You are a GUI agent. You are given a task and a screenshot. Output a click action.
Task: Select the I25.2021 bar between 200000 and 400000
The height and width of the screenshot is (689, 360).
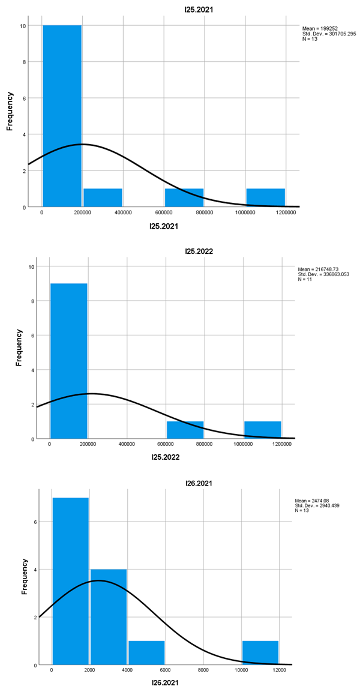click(x=103, y=197)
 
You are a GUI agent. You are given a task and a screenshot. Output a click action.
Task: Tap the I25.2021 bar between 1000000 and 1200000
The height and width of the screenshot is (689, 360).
click(x=265, y=197)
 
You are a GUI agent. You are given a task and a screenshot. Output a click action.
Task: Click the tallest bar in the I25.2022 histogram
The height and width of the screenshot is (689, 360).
click(x=68, y=361)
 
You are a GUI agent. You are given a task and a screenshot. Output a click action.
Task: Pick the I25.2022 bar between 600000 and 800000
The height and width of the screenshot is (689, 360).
click(x=185, y=430)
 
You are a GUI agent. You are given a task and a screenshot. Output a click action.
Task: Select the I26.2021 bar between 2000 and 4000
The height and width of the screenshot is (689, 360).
click(x=108, y=615)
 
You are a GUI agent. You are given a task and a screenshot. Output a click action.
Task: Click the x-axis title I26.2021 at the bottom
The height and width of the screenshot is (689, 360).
click(x=164, y=682)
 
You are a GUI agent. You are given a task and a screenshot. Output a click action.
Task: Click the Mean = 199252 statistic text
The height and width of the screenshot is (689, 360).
click(x=321, y=28)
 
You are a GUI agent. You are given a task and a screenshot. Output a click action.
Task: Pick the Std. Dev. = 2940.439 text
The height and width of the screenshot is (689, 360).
click(x=325, y=505)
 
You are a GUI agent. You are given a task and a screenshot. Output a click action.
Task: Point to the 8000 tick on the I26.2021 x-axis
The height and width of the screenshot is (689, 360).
click(x=203, y=670)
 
